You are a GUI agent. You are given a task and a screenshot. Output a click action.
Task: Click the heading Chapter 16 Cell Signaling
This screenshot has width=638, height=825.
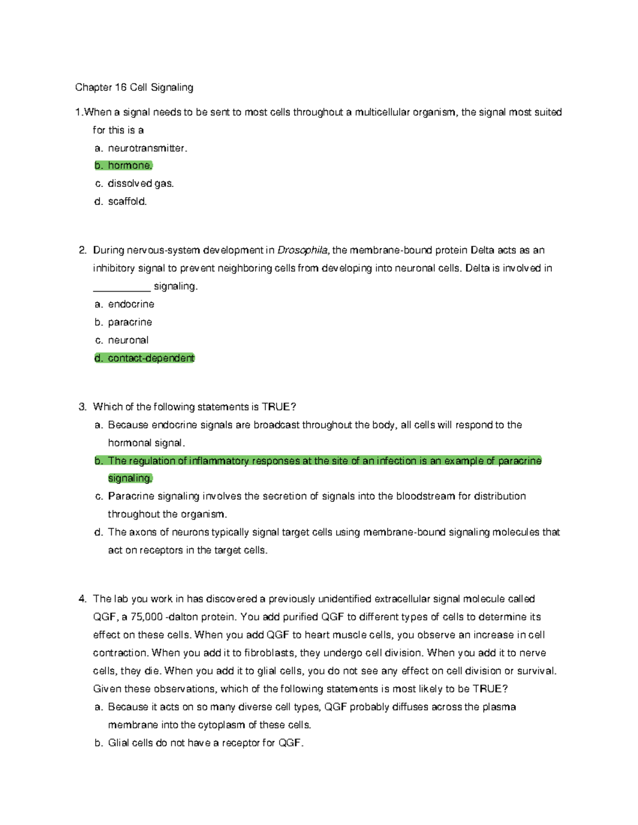tap(134, 87)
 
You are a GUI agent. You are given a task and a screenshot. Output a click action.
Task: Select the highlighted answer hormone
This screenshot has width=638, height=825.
tap(130, 166)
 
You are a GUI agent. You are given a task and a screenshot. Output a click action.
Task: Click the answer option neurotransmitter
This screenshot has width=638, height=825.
tap(147, 148)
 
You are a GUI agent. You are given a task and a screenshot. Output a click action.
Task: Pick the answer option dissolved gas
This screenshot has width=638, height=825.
tap(140, 184)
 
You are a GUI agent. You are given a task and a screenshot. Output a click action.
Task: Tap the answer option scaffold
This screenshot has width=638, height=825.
tap(127, 201)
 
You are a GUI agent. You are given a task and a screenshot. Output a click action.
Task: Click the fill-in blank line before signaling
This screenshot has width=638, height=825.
tap(122, 287)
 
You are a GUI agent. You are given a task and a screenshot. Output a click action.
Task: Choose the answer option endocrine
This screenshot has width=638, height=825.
tap(131, 304)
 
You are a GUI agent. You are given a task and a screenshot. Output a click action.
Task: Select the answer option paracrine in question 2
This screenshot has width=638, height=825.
tap(130, 322)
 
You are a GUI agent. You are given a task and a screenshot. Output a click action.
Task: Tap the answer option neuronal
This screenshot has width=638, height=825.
tap(128, 340)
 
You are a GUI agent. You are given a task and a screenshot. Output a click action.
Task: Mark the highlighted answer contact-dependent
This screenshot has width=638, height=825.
tap(151, 359)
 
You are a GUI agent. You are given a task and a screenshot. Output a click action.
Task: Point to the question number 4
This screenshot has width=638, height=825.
tap(82, 599)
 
